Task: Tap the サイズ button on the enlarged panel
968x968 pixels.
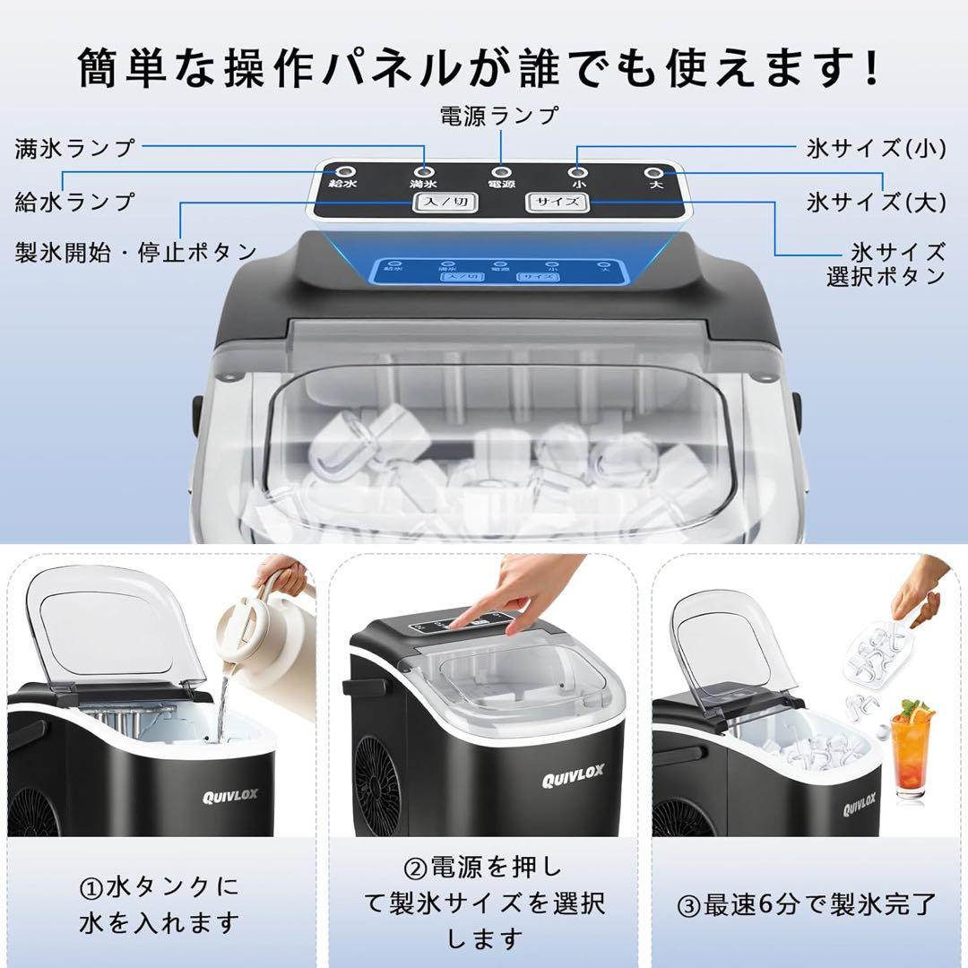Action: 557,202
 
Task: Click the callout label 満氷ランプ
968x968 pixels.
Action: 74,148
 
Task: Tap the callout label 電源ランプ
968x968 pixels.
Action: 499,116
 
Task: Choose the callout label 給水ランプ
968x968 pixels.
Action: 74,201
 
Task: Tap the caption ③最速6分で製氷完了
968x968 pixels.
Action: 807,903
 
